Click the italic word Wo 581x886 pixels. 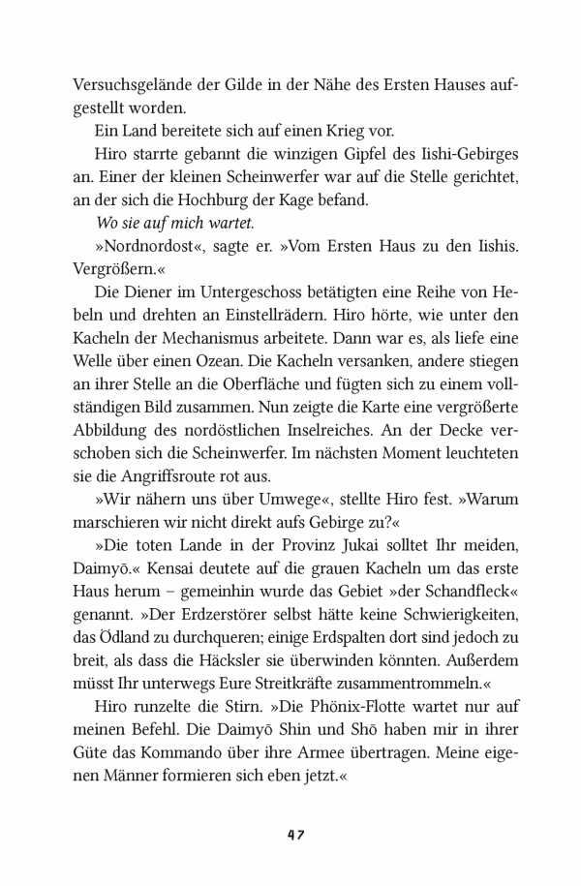tap(108, 224)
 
